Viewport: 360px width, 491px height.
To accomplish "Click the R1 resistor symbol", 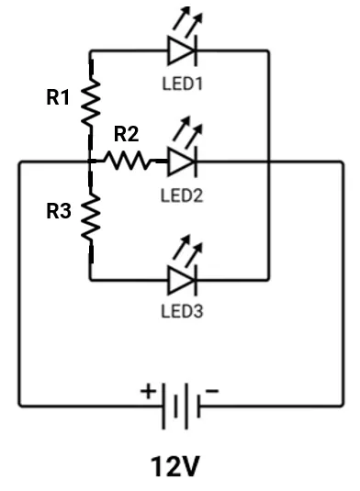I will (91, 102).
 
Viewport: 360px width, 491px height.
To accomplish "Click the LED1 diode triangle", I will (181, 50).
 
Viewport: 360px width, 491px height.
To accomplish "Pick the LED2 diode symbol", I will (181, 162).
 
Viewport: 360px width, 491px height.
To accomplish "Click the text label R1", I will (58, 98).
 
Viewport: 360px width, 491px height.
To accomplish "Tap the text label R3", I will (58, 212).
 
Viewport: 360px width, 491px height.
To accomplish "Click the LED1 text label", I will (181, 84).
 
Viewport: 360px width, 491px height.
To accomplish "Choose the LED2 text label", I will (181, 195).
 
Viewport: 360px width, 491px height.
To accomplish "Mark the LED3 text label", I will (181, 311).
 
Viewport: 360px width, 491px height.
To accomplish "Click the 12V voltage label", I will (175, 467).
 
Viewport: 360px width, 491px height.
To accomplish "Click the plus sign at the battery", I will (148, 389).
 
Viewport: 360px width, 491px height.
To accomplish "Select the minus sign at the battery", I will (212, 390).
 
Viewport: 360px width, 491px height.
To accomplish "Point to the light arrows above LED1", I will (188, 18).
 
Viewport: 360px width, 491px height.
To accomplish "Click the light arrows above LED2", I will (188, 128).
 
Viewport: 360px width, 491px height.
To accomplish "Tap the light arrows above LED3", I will (188, 246).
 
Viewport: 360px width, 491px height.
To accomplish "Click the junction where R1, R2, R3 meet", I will (91, 162).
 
